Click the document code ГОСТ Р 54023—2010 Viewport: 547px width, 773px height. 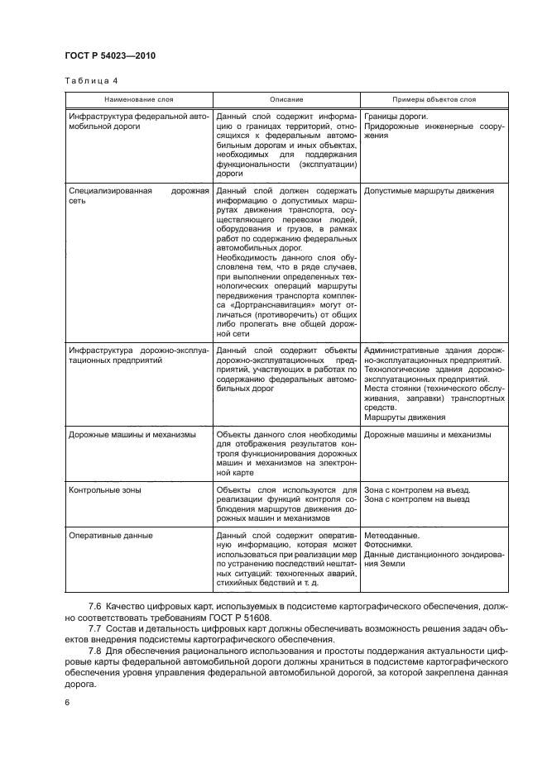109,55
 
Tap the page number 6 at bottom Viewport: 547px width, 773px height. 67,703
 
